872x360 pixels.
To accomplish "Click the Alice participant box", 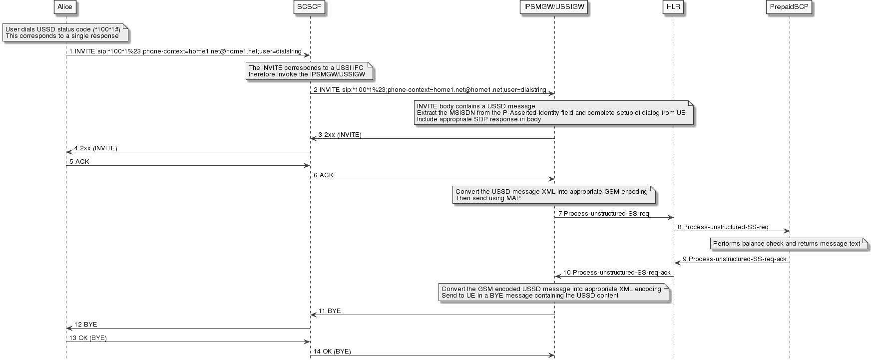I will [x=65, y=7].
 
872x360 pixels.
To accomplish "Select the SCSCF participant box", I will [x=310, y=7].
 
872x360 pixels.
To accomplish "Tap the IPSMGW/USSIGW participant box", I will [x=554, y=7].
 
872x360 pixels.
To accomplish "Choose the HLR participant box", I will [x=673, y=7].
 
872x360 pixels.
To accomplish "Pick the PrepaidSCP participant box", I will [x=789, y=7].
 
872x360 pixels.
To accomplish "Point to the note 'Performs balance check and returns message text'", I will [x=789, y=244].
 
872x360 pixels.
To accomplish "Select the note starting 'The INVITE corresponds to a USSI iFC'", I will [x=309, y=71].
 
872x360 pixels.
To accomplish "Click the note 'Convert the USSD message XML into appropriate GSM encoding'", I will [x=553, y=195].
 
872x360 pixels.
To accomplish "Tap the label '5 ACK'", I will [x=79, y=162].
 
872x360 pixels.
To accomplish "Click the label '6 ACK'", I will [x=324, y=175].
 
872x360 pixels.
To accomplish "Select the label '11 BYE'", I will [x=330, y=311].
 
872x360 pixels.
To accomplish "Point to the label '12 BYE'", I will [x=85, y=325].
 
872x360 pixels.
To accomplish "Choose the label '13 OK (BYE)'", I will [x=88, y=338].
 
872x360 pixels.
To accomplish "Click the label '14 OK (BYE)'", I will [x=332, y=352].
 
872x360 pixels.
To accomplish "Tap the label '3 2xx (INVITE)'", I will [x=340, y=135].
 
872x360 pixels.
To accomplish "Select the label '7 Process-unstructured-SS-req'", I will [x=604, y=214].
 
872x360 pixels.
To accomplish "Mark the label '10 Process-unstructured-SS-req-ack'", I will [x=617, y=273].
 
